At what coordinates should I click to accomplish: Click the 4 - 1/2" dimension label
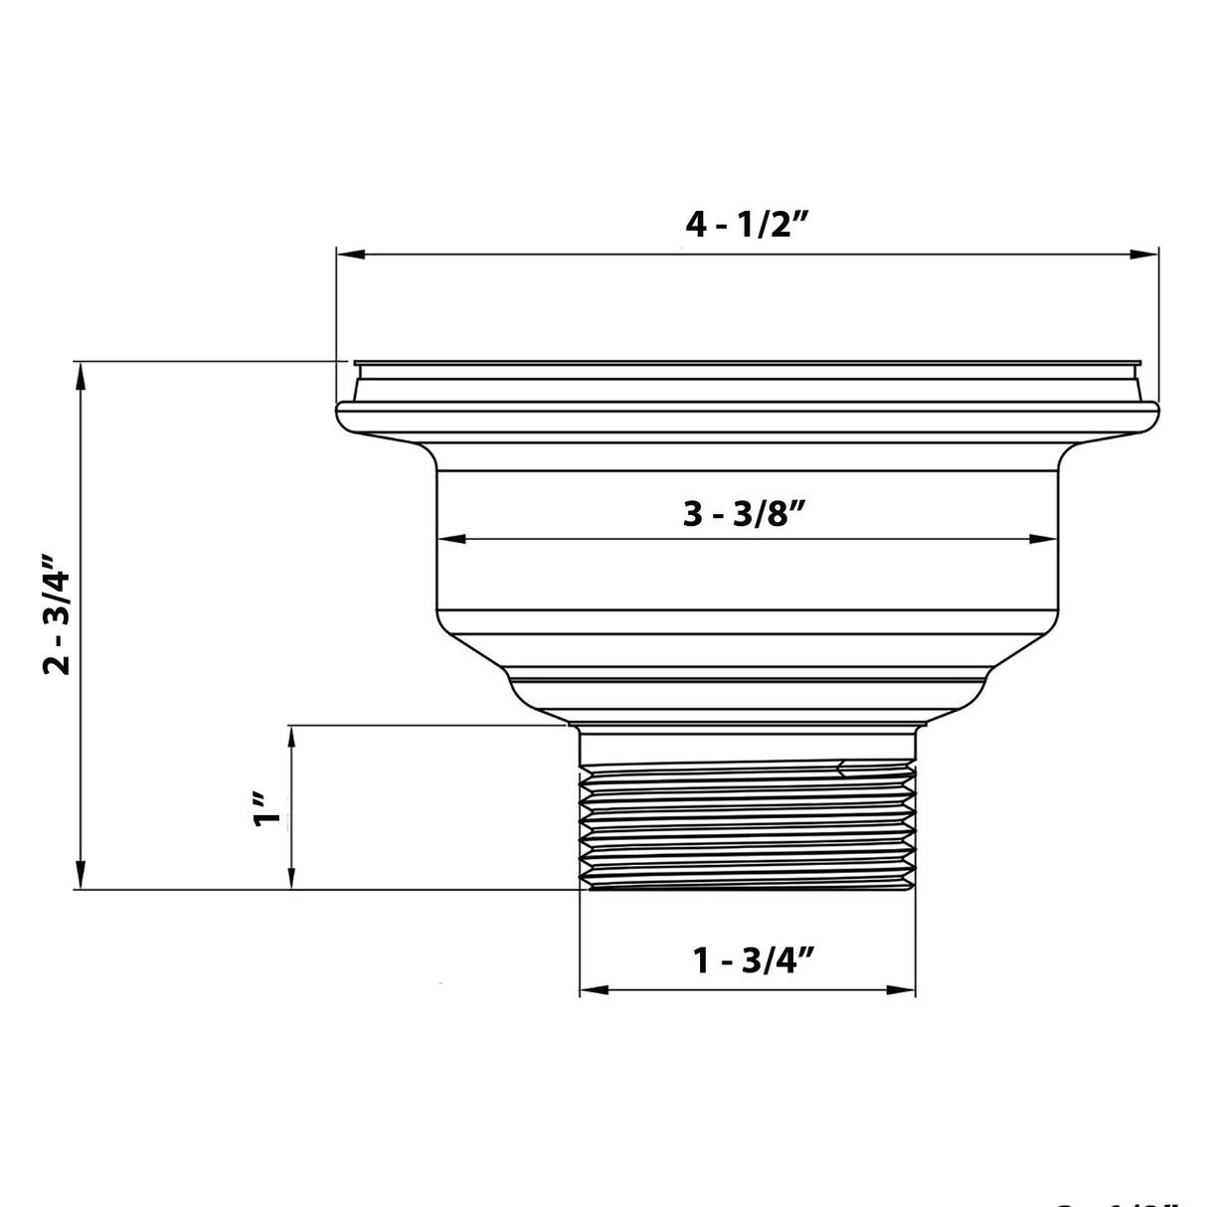pyautogui.click(x=749, y=226)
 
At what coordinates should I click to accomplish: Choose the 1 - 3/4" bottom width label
pyautogui.click(x=754, y=960)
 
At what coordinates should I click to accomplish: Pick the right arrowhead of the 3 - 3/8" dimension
pyautogui.click(x=1044, y=540)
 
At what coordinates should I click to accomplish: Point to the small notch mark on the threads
pyautogui.click(x=843, y=767)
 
